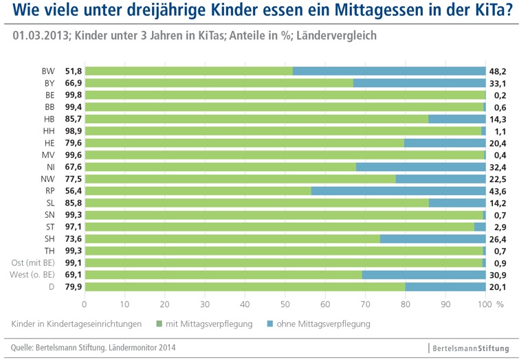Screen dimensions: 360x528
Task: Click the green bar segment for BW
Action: point(188,71)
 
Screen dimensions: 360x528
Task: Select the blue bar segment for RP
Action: point(399,191)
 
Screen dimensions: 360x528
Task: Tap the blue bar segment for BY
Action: point(419,83)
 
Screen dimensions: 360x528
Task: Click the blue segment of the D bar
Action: point(445,286)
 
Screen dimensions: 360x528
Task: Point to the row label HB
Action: point(49,119)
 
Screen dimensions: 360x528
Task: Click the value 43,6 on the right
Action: point(497,191)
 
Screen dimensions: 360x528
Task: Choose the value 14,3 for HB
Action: point(497,119)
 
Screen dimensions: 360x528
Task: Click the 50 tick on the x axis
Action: point(285,303)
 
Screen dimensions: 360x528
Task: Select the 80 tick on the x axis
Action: point(406,303)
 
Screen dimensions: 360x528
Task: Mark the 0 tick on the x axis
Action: point(85,303)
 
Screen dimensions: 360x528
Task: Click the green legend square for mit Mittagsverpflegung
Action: point(159,323)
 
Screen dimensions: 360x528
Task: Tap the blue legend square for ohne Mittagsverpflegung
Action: point(269,323)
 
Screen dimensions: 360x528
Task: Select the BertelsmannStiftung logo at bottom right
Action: point(472,348)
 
